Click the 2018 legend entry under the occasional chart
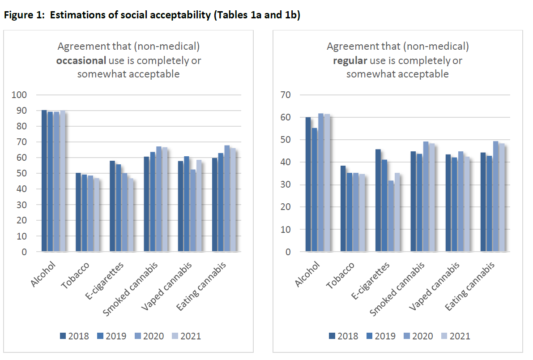click(x=74, y=336)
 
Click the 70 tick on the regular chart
click(x=286, y=95)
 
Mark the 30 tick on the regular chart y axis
click(x=286, y=184)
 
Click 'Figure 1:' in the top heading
click(x=25, y=15)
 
